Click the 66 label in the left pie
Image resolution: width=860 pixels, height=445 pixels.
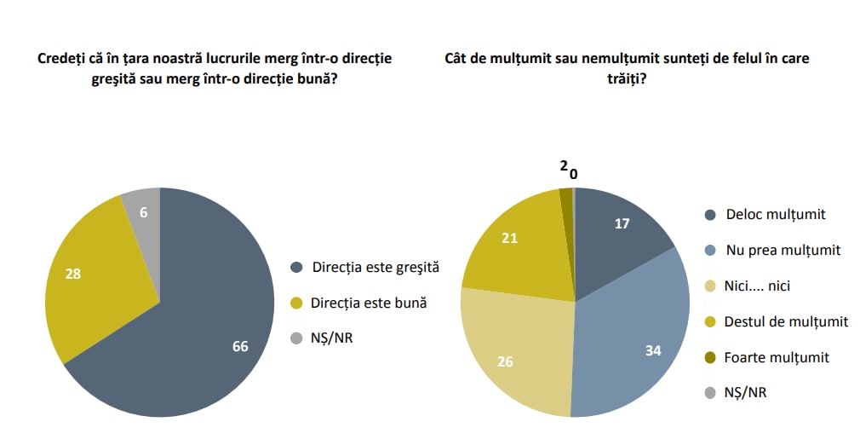(x=240, y=346)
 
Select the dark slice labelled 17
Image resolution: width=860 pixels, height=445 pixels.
(x=622, y=224)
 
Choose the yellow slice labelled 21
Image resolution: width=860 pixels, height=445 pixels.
(x=509, y=240)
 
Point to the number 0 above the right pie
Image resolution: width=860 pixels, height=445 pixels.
(x=573, y=174)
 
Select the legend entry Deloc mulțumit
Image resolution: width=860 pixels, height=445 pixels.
(x=776, y=214)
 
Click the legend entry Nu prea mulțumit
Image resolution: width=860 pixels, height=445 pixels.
(x=783, y=250)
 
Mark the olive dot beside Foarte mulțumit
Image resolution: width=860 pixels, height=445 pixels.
(x=710, y=357)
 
